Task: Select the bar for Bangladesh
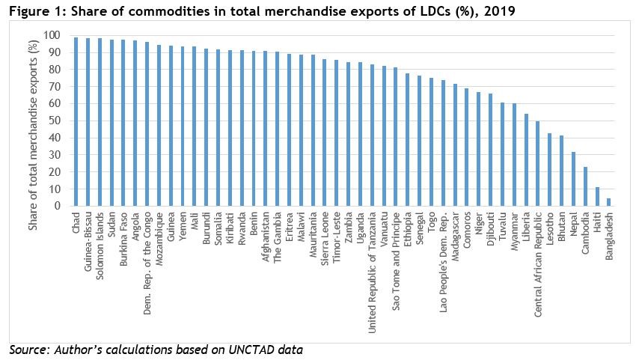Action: (608, 202)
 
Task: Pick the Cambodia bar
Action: (585, 186)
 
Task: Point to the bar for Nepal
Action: (573, 179)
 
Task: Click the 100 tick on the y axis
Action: (52, 35)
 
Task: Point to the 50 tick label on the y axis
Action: (55, 120)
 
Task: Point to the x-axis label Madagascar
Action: (455, 237)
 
